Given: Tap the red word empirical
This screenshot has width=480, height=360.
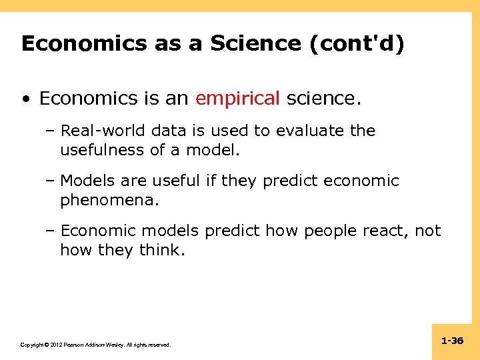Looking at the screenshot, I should tap(237, 99).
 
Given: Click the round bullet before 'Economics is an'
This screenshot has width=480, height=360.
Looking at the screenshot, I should tap(25, 99).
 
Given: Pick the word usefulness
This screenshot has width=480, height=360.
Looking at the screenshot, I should tap(102, 150).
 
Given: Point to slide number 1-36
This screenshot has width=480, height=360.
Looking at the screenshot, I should tap(452, 341).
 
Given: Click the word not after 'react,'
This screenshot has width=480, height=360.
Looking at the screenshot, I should tap(427, 231).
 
